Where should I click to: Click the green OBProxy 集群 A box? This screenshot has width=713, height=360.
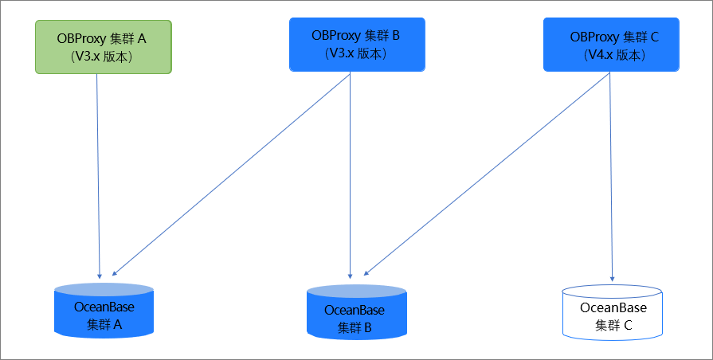104,47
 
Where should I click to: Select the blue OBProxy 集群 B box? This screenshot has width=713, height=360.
357,45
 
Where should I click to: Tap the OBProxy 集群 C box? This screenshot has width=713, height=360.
611,45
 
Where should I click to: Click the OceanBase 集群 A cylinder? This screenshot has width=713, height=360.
104,311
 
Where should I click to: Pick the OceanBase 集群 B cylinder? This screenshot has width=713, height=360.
357,313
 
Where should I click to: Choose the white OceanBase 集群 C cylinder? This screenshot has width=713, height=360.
612,312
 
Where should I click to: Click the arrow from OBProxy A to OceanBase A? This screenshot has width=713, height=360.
98,176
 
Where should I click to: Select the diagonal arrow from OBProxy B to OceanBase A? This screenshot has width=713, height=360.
231,174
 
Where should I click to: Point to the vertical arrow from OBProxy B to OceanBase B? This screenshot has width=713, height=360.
351,175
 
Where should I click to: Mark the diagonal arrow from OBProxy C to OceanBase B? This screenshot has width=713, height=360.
487,174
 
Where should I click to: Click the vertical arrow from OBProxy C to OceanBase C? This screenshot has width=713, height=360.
611,177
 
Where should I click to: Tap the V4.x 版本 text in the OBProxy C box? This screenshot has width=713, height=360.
614,56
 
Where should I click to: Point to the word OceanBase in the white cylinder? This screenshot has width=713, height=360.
613,307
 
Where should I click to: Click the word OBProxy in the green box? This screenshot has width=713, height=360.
82,39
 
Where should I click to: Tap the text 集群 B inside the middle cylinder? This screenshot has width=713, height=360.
355,327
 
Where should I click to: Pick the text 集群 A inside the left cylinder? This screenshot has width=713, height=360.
104,324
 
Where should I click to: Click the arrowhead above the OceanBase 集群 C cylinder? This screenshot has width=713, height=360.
612,279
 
